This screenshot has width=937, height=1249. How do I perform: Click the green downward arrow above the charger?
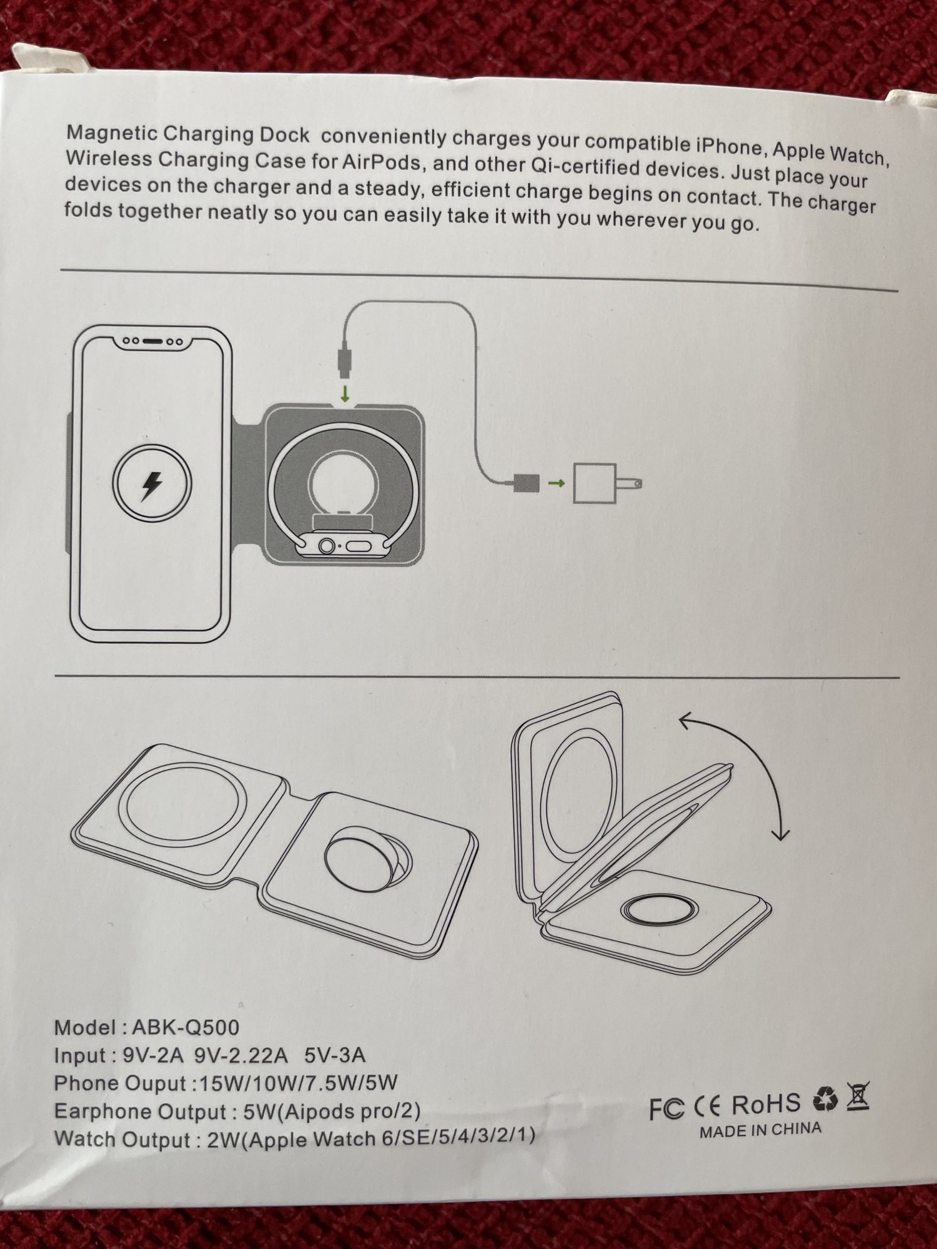click(345, 393)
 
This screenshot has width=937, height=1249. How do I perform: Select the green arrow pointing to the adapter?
click(557, 483)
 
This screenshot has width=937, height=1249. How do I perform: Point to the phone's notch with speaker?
click(152, 342)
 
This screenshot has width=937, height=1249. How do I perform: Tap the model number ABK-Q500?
click(186, 1027)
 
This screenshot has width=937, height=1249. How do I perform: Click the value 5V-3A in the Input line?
click(335, 1055)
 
